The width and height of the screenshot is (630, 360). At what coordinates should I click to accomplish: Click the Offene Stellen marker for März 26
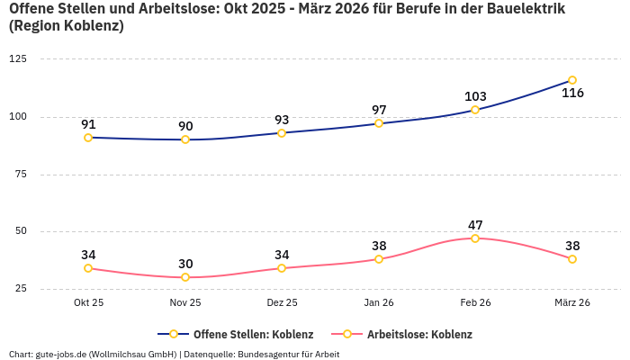pos(571,80)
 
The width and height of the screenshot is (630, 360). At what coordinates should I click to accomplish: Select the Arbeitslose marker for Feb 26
pos(475,238)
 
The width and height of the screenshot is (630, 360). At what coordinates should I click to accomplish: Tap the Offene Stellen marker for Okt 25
pos(88,138)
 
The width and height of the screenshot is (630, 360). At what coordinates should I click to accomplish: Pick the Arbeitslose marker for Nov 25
pos(185,277)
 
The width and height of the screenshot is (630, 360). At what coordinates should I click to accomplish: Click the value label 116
pos(572,94)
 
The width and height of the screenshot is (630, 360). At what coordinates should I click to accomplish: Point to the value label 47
pos(475,225)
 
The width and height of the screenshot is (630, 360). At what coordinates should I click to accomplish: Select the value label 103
pos(475,97)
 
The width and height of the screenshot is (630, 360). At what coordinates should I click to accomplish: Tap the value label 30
pos(185,264)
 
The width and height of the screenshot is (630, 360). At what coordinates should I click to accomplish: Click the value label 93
pos(282,120)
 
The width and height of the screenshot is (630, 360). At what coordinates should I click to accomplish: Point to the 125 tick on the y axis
pos(18,58)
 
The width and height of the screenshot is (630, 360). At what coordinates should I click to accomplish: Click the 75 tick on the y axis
pos(21,174)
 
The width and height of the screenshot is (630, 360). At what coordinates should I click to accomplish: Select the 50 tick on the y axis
pos(21,231)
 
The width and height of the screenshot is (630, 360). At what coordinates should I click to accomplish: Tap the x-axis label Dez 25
pos(282,303)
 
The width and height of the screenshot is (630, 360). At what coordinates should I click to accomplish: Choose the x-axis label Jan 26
pos(379,303)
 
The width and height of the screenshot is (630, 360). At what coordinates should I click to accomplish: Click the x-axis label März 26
pos(571,303)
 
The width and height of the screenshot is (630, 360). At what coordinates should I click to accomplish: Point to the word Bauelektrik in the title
pos(514,9)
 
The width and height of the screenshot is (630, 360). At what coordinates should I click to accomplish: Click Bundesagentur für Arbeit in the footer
pos(288,354)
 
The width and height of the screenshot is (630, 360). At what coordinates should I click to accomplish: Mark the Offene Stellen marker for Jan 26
pos(379,123)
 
